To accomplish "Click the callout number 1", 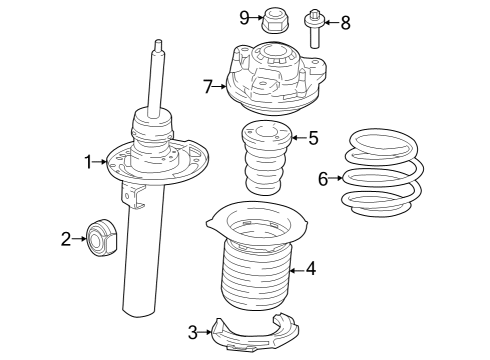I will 88,161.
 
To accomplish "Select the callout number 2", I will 66,239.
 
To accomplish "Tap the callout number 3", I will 193,331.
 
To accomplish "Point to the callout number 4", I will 311,268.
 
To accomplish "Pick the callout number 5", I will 313,138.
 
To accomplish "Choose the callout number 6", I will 323,179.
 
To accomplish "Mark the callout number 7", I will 209,87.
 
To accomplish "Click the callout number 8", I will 345,22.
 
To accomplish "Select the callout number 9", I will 244,16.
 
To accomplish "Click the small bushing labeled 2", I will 102,239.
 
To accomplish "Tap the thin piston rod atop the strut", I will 157,75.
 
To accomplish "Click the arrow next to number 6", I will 337,179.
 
